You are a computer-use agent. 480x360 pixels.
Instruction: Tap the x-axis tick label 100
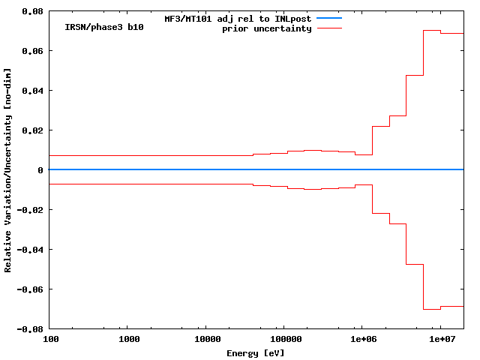49,340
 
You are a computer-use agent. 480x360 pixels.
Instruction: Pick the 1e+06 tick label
362,340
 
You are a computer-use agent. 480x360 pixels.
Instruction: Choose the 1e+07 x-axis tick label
440,340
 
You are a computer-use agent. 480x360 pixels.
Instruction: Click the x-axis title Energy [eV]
256,352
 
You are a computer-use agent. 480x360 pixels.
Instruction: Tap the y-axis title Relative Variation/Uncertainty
8,170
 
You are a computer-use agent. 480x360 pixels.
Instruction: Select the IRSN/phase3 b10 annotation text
104,27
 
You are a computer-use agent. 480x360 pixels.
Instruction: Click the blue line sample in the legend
328,18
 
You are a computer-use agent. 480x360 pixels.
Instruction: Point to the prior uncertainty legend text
266,28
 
